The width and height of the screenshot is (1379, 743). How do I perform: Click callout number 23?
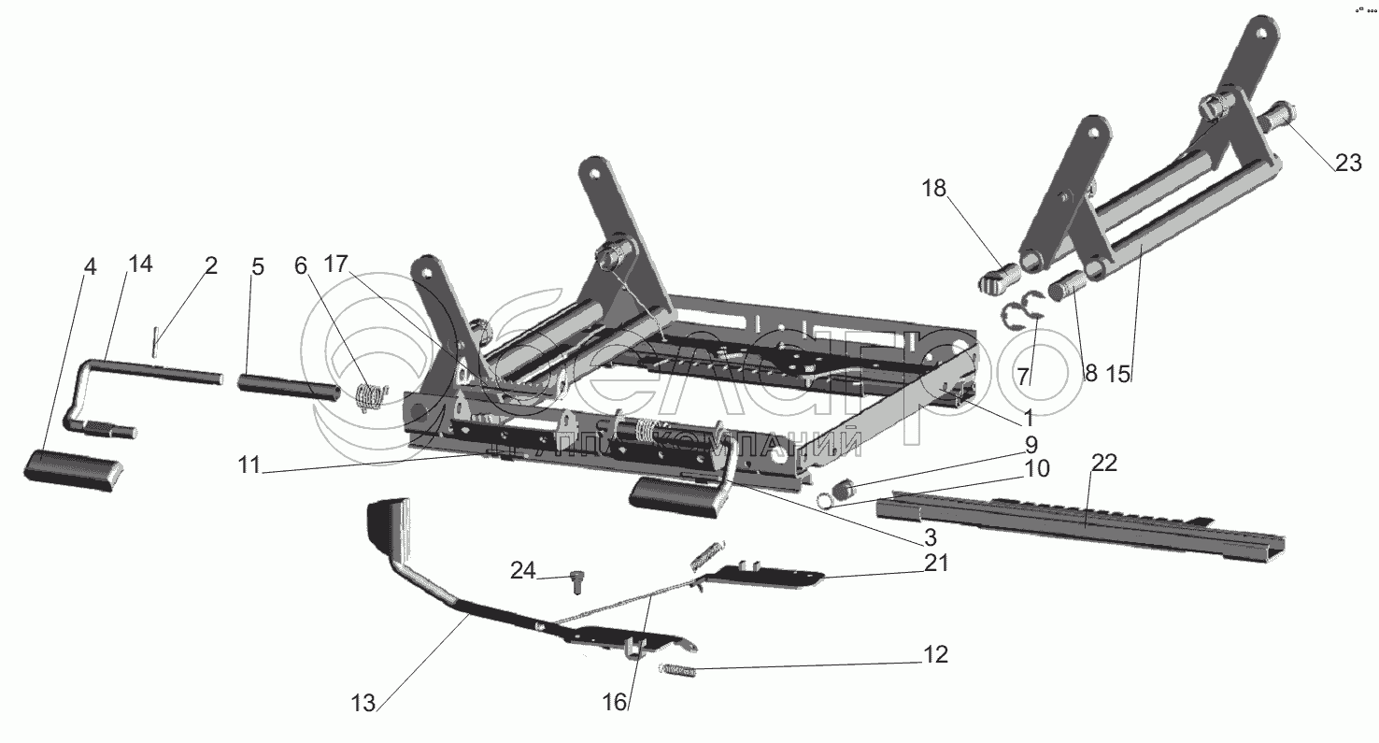(1347, 163)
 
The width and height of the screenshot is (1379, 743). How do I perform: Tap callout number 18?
(933, 190)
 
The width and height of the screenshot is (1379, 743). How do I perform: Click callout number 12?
(935, 655)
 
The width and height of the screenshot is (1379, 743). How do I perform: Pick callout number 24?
(523, 570)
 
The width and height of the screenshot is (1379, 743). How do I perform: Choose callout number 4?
(89, 267)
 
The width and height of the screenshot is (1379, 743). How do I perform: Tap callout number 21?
(936, 562)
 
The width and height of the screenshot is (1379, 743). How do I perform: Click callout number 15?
(1117, 375)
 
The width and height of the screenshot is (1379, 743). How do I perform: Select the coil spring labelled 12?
(678, 669)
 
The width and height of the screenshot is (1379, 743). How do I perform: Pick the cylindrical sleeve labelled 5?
(288, 386)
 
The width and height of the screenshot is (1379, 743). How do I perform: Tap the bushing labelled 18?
(997, 277)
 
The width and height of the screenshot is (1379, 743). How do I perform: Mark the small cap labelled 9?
(845, 488)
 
